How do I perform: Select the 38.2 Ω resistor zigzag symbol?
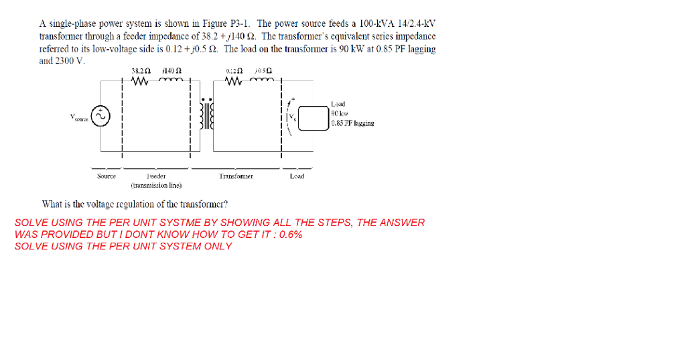pyautogui.click(x=141, y=82)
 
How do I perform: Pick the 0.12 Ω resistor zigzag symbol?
pyautogui.click(x=234, y=82)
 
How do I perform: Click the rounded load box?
pyautogui.click(x=312, y=118)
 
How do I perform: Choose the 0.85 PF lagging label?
pyautogui.click(x=352, y=123)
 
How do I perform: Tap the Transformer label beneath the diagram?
pyautogui.click(x=235, y=176)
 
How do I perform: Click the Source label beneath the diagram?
pyautogui.click(x=107, y=176)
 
